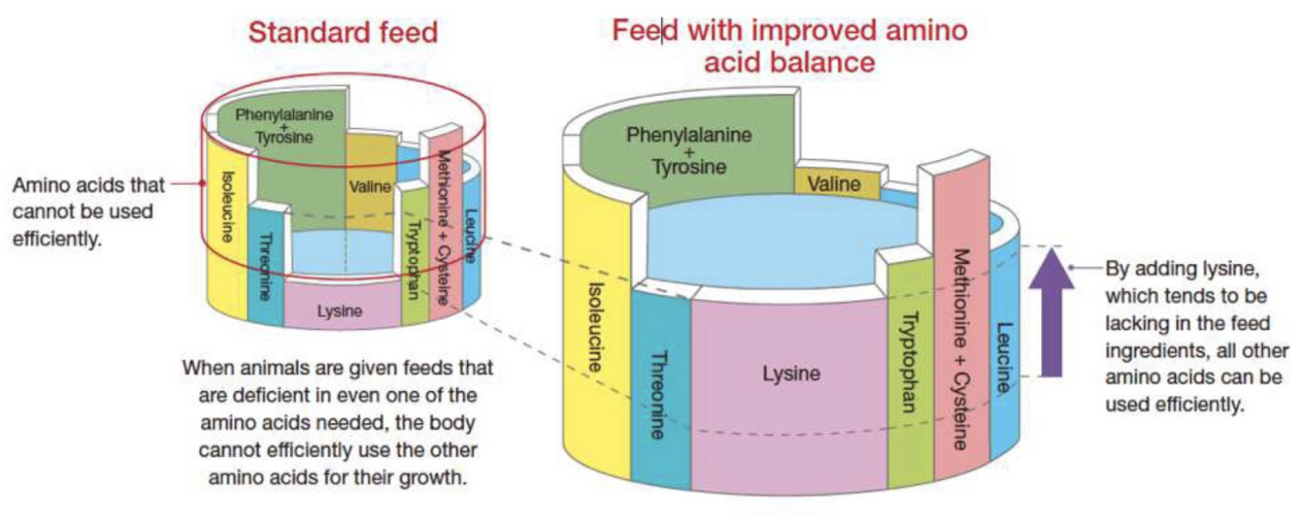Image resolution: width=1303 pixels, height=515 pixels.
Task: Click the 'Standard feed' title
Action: tap(342, 33)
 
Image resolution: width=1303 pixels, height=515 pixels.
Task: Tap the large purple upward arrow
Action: tap(1051, 313)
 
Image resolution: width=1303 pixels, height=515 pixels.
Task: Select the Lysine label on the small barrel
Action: tap(340, 312)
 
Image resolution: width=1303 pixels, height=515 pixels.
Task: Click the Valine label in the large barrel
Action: tap(833, 184)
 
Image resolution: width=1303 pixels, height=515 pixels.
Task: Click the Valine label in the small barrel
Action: tap(367, 187)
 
